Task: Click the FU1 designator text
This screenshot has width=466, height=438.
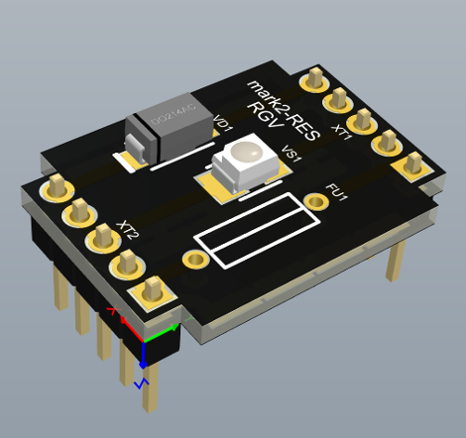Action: (337, 190)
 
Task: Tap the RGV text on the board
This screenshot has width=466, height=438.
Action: (265, 117)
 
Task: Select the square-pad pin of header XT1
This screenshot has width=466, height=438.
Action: (409, 164)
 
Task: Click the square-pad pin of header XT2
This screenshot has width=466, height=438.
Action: (151, 290)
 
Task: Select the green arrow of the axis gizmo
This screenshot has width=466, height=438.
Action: (171, 327)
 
